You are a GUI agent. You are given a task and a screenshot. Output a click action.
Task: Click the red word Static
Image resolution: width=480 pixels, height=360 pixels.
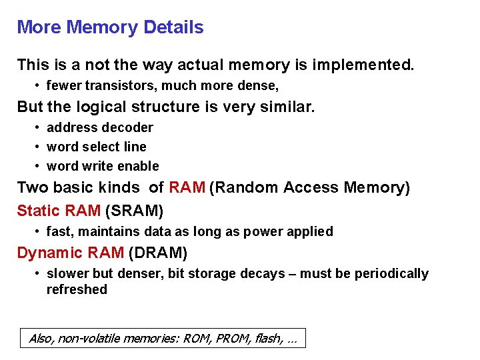38,211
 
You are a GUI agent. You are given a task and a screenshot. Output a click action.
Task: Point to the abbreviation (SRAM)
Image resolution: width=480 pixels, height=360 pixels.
134,211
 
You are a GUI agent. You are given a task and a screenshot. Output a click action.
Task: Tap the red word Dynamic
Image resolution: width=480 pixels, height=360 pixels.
46,253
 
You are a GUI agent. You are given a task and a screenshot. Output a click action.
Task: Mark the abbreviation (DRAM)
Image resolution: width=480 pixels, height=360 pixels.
158,253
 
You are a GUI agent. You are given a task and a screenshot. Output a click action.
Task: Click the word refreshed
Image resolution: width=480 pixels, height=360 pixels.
77,289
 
